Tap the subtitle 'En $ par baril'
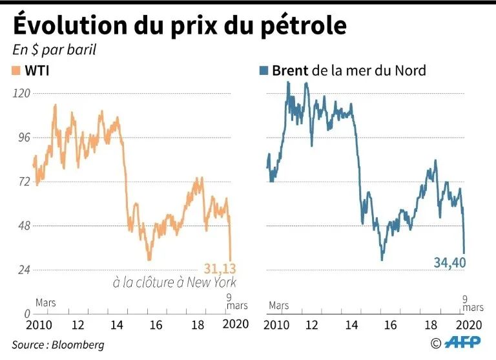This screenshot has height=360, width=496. tap(54, 50)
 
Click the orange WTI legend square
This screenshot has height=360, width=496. tap(15, 70)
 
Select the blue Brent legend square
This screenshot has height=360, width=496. tap(262, 70)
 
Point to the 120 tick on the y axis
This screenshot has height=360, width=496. tap(22, 93)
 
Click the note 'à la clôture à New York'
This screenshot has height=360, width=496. tap(174, 282)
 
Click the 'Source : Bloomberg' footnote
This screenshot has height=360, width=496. tap(57, 344)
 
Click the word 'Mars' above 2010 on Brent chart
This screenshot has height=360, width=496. tap(279, 304)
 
